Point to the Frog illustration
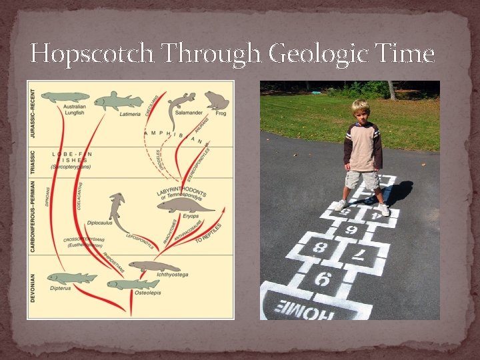pyautogui.click(x=217, y=100)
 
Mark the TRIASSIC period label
pyautogui.click(x=33, y=161)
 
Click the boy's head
pyautogui.click(x=361, y=111)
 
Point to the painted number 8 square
pyautogui.click(x=321, y=247)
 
